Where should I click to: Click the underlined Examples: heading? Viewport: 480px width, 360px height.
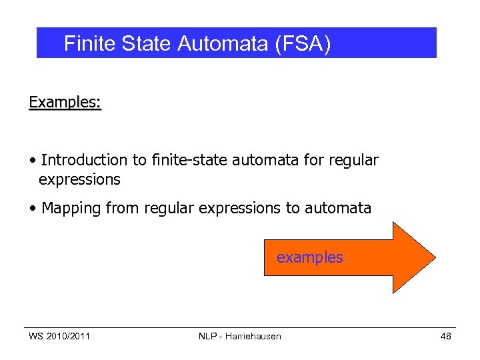pos(65,102)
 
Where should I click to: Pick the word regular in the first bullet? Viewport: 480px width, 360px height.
pos(353,160)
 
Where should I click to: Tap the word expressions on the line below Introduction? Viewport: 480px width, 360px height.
pos(79,179)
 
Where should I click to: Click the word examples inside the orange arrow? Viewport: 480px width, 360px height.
pos(310,257)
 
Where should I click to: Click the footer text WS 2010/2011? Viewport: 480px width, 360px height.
pos(59,336)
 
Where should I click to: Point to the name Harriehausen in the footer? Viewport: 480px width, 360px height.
pos(253,336)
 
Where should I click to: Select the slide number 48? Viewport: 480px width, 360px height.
pos(446,336)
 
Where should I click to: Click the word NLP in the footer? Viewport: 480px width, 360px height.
pos(208,336)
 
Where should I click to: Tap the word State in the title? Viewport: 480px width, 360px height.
pos(147,44)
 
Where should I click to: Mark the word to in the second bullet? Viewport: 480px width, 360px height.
pos(293,208)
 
